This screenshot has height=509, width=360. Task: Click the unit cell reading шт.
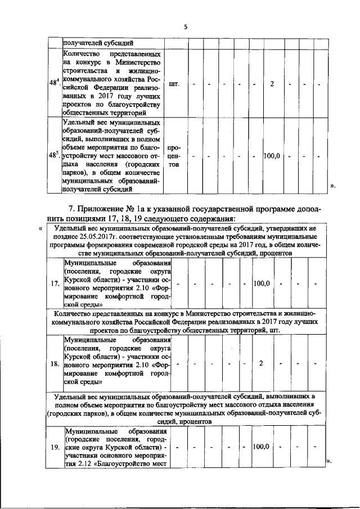pos(174,84)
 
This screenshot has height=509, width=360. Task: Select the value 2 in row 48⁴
pos(272,84)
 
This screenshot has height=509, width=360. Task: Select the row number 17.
pos(55,283)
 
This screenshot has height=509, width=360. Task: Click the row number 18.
pos(55,363)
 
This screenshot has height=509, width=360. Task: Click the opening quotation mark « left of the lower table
pos(40,228)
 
